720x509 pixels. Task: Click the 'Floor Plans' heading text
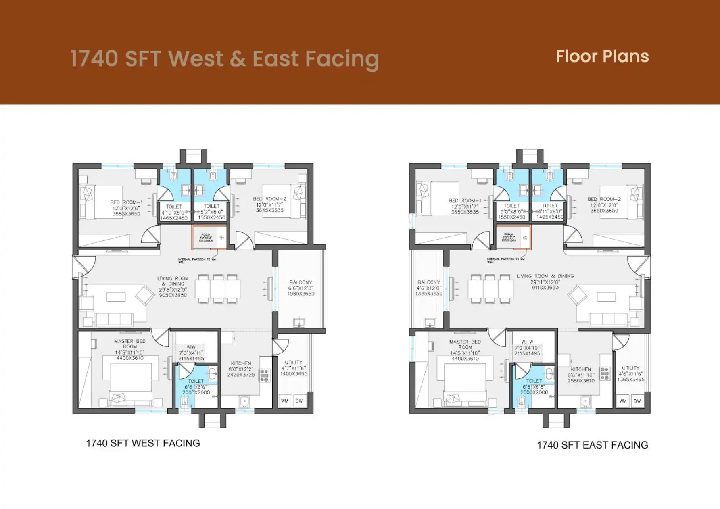pyautogui.click(x=602, y=56)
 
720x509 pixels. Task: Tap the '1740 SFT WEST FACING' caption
pyautogui.click(x=143, y=443)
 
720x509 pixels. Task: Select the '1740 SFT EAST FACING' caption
pyautogui.click(x=592, y=445)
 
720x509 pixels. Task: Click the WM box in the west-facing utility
pyautogui.click(x=285, y=401)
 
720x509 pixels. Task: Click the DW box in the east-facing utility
pyautogui.click(x=637, y=401)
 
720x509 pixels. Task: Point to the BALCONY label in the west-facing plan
pyautogui.click(x=301, y=282)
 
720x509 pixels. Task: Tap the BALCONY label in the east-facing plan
pyautogui.click(x=429, y=282)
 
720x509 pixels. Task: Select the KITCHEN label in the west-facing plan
pyautogui.click(x=241, y=363)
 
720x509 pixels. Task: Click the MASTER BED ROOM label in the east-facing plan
pyautogui.click(x=465, y=344)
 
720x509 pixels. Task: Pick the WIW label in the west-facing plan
pyautogui.click(x=191, y=347)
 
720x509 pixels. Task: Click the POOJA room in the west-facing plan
pyautogui.click(x=209, y=238)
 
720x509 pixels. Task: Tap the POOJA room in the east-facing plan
pyautogui.click(x=513, y=237)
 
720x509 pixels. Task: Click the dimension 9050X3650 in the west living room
pyautogui.click(x=173, y=295)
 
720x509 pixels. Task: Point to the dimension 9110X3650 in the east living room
pyautogui.click(x=545, y=288)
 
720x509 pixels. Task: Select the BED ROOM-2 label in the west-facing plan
pyautogui.click(x=269, y=199)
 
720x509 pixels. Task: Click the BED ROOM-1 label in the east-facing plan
pyautogui.click(x=465, y=200)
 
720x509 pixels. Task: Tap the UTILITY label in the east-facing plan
pyautogui.click(x=630, y=368)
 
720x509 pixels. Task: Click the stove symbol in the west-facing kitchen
pyautogui.click(x=264, y=375)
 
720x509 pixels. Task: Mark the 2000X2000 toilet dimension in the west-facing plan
pyautogui.click(x=196, y=392)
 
